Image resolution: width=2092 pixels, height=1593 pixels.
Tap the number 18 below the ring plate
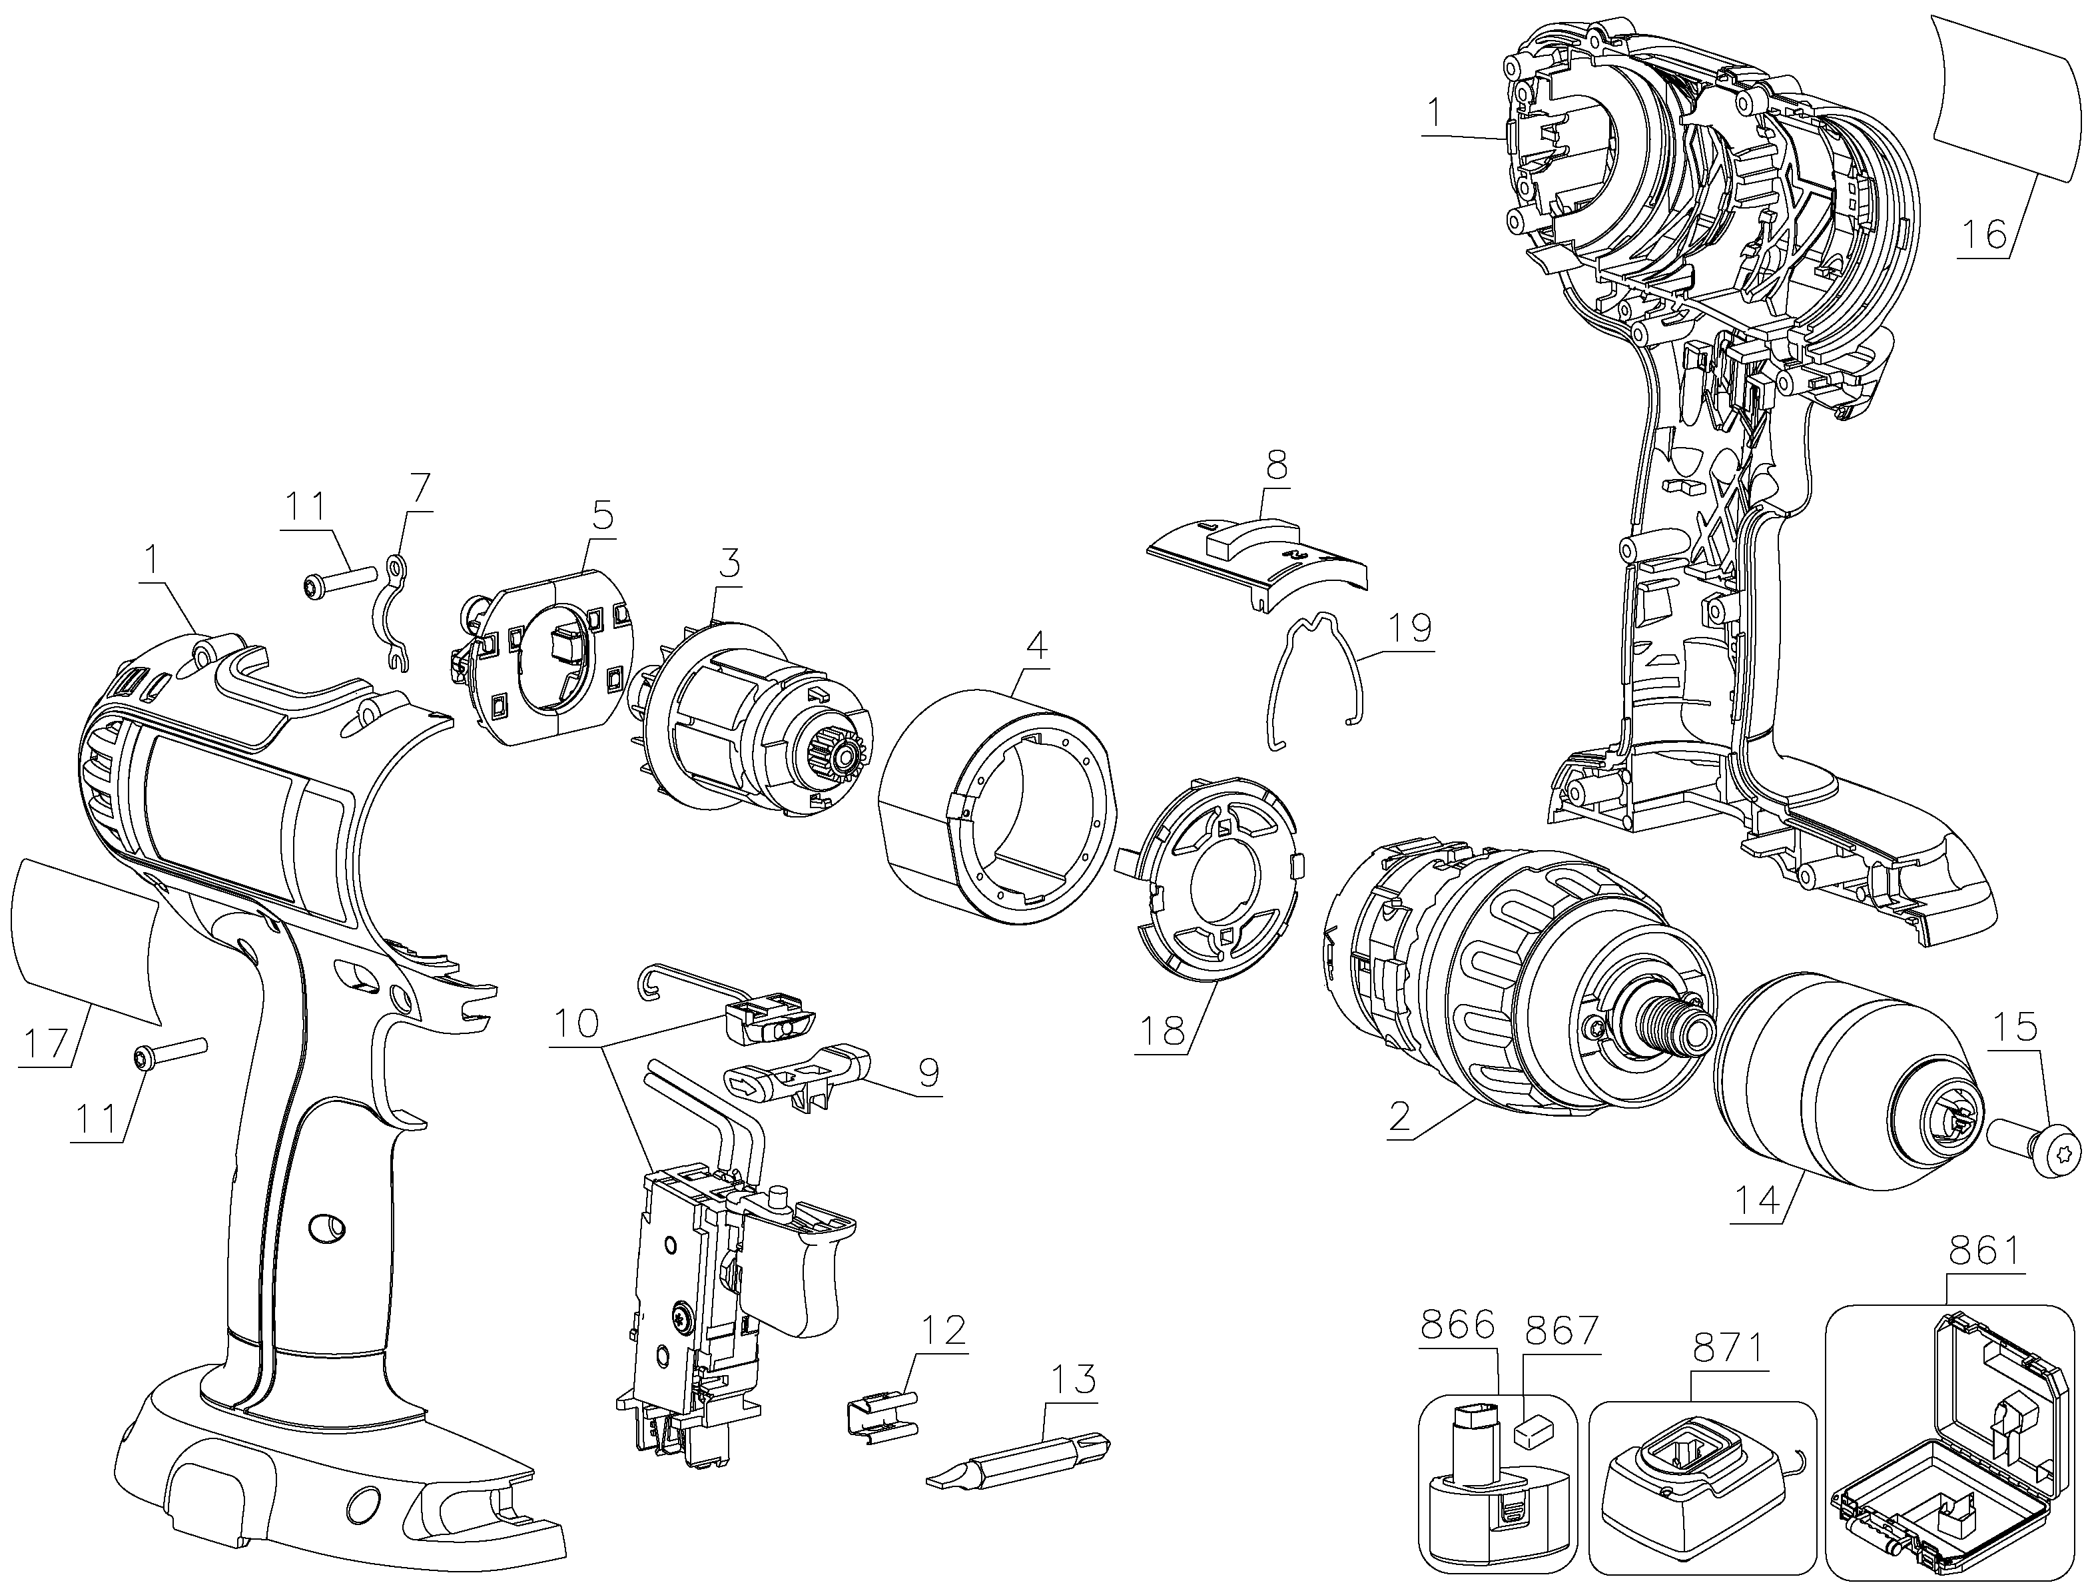tap(1165, 1031)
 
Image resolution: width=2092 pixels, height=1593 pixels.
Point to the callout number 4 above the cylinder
tap(1037, 647)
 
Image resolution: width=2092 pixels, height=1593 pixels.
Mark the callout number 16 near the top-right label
tap(1984, 233)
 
